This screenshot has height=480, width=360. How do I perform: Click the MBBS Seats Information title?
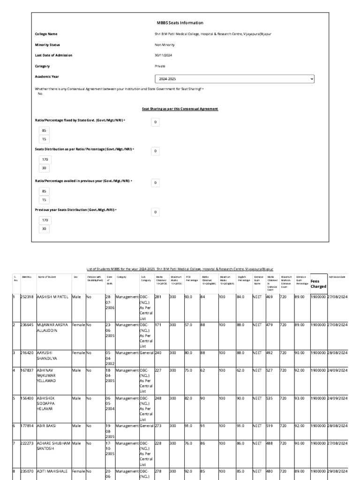pos(180,22)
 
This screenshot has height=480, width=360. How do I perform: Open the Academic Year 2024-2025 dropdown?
pos(234,79)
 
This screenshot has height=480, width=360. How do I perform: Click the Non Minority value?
pos(165,45)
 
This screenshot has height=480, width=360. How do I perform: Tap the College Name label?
pos(46,34)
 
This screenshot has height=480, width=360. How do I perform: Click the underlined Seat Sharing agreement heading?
pos(180,109)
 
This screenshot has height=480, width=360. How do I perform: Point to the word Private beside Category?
pos(160,66)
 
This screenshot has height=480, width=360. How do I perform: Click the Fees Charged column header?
pos(318,284)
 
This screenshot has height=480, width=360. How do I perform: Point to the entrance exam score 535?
pos(270,398)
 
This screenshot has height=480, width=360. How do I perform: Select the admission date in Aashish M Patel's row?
pos(338,297)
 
